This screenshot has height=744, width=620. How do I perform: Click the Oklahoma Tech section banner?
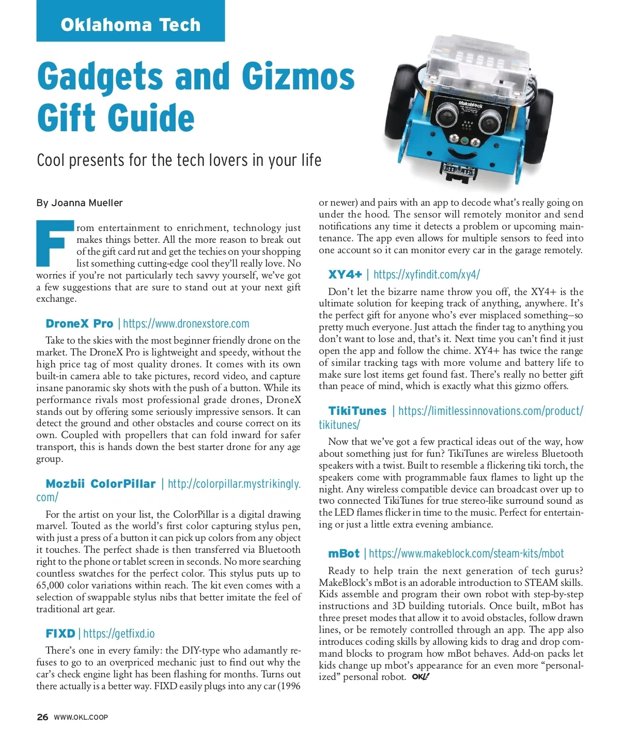click(130, 24)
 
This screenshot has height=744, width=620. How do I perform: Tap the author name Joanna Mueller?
click(87, 203)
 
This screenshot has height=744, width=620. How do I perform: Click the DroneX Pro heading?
click(79, 324)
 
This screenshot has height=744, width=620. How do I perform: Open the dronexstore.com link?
click(186, 324)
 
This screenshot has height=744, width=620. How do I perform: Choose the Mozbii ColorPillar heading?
click(100, 484)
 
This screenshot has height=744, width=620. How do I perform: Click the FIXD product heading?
click(60, 634)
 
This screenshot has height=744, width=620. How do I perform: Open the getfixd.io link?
click(119, 634)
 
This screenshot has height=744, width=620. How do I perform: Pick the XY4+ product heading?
click(345, 274)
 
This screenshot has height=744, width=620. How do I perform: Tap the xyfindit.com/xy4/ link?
click(426, 274)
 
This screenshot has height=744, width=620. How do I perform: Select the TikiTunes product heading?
click(357, 411)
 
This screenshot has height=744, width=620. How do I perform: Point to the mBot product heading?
click(344, 554)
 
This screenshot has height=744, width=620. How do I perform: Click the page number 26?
click(42, 717)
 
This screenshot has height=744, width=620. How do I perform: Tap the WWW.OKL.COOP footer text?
click(81, 717)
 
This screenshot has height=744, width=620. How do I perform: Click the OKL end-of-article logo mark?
click(421, 677)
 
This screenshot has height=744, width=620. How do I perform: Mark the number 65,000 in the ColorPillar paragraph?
click(54, 585)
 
